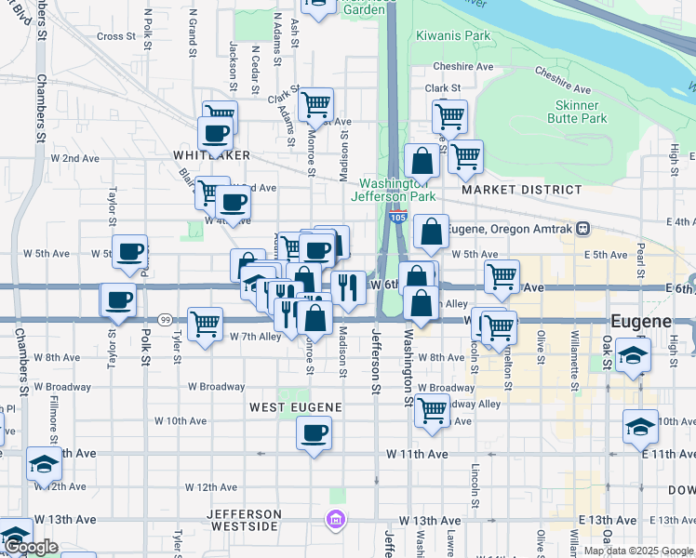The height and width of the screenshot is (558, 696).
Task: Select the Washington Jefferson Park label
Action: point(397,190)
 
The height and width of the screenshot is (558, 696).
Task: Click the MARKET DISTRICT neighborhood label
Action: point(521,190)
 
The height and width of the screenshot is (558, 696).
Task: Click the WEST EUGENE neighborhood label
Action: point(296,407)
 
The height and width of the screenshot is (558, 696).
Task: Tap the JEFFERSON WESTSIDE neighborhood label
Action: point(245,520)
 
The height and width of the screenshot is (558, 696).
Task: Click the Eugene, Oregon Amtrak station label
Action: point(510,228)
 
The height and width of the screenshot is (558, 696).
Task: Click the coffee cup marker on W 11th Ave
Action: point(315,432)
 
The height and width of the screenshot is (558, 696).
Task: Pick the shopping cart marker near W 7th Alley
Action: point(205,324)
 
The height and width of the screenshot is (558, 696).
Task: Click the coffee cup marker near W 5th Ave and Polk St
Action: point(130,251)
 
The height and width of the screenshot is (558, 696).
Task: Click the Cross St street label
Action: point(116,36)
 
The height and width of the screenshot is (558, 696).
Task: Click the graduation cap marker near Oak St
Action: point(633,357)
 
